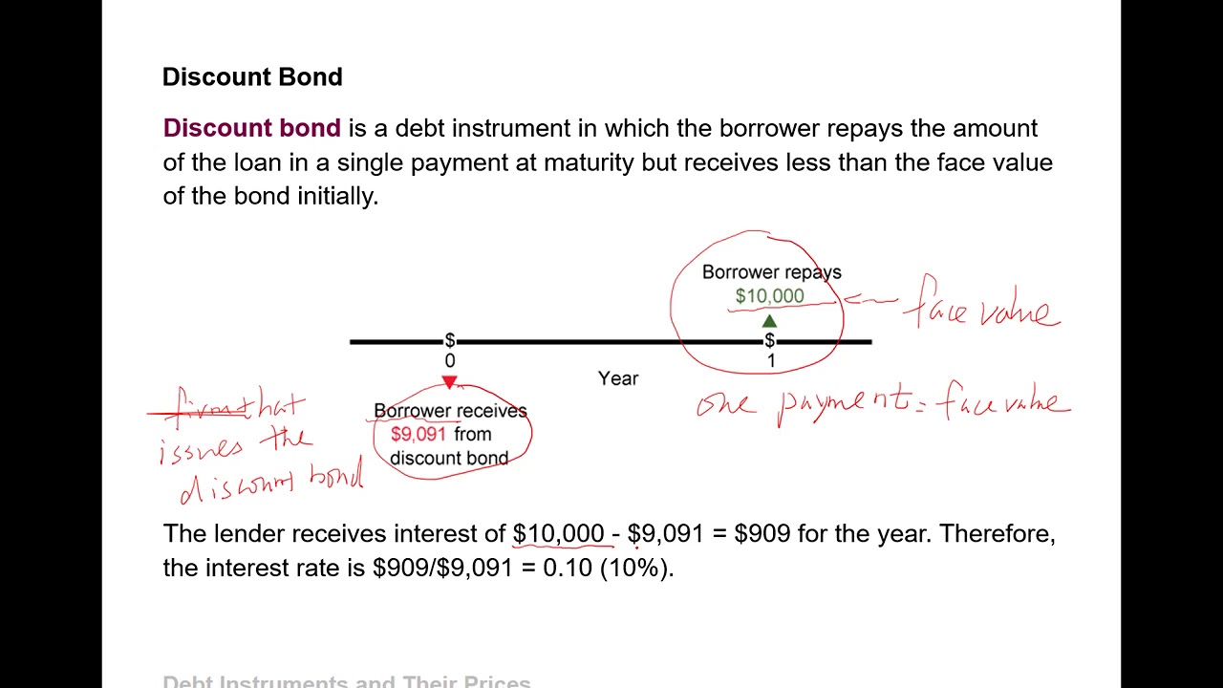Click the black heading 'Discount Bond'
point(252,77)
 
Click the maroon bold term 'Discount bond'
point(252,128)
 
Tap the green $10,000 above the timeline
point(769,296)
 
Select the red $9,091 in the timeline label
point(418,434)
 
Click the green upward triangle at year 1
point(769,322)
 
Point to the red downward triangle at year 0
point(449,382)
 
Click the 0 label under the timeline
point(450,361)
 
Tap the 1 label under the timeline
point(771,361)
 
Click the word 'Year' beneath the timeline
point(618,378)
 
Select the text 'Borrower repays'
point(771,272)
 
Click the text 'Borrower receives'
point(450,411)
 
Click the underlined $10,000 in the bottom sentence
point(558,534)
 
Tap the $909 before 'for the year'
point(762,534)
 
